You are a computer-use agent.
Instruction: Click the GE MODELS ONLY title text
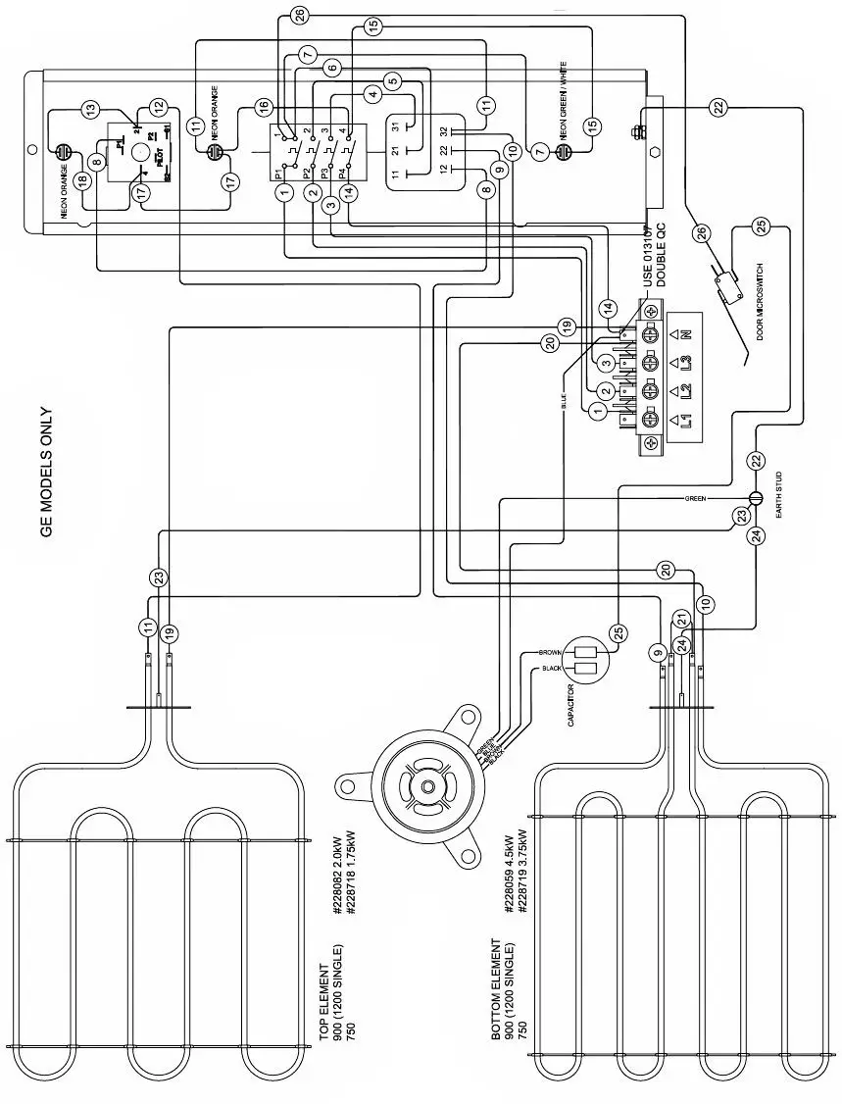tap(45, 473)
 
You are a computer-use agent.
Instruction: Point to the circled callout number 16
tap(262, 106)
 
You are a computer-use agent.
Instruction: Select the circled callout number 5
tap(392, 81)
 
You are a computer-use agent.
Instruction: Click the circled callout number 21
tap(678, 619)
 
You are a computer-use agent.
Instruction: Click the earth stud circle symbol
tap(756, 497)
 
